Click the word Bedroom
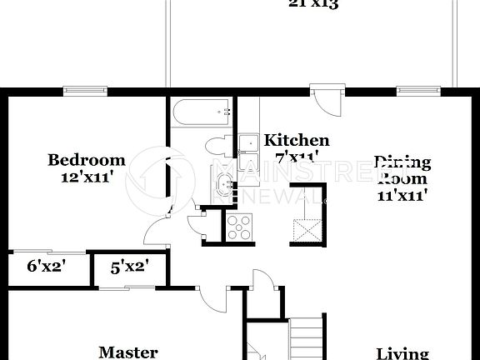click(x=87, y=160)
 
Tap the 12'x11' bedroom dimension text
click(x=87, y=177)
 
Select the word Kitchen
click(x=297, y=140)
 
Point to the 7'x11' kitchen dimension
click(x=297, y=157)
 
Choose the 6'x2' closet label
click(x=47, y=267)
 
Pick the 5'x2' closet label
click(x=130, y=267)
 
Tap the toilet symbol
click(x=216, y=145)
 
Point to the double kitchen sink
click(x=248, y=147)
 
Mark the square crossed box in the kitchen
click(x=309, y=226)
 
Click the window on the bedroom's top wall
click(x=83, y=90)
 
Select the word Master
click(x=128, y=352)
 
